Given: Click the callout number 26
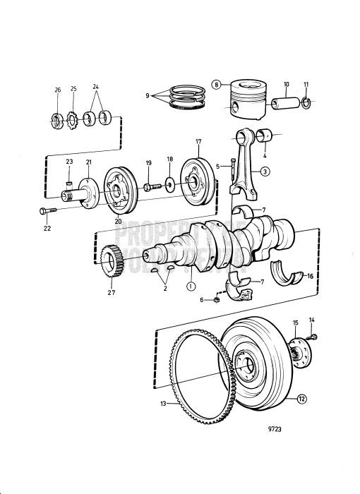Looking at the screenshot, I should (57, 90).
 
